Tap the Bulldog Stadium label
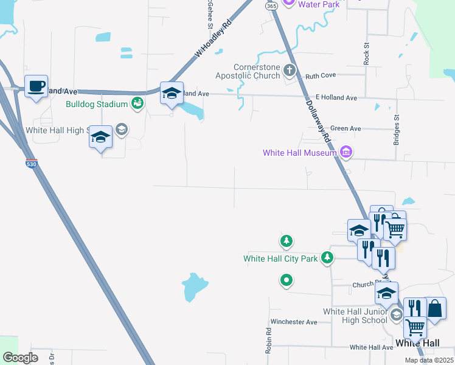point(97,104)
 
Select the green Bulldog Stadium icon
point(138,104)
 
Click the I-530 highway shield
point(32,164)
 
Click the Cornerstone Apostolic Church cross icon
point(289,69)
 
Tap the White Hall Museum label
point(299,153)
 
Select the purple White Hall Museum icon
point(346,151)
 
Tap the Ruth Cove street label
point(320,76)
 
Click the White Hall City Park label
point(280,259)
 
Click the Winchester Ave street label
point(294,322)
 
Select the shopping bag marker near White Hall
point(436,309)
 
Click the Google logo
point(20,358)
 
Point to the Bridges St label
point(396,130)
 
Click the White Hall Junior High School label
point(355,316)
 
